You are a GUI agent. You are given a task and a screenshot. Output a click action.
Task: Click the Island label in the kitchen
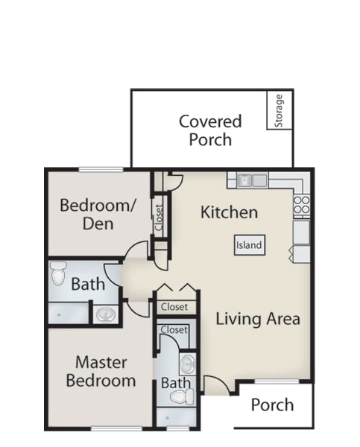[249, 245]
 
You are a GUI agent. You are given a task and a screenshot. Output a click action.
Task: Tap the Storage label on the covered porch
[279, 110]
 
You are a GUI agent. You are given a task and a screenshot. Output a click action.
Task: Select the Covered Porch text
[210, 130]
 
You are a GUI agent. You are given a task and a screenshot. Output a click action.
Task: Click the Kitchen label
[229, 212]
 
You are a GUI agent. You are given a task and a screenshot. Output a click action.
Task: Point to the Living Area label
[258, 319]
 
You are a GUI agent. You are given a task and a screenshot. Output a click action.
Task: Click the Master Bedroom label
[101, 372]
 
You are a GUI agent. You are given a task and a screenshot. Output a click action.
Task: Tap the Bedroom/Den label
[98, 214]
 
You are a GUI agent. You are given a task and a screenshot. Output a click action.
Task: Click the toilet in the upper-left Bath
[58, 273]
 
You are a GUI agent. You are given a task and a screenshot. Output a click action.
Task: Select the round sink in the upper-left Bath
[106, 314]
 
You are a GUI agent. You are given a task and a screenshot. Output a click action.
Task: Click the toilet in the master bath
[183, 396]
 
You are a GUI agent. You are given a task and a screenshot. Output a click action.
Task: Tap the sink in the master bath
[188, 364]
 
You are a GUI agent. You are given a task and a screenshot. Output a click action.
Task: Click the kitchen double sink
[252, 180]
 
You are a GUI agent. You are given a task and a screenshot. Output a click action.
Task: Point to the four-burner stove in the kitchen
[302, 204]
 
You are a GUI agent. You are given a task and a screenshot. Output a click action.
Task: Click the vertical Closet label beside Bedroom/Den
[159, 218]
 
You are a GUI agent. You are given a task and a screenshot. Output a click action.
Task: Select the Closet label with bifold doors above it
[174, 307]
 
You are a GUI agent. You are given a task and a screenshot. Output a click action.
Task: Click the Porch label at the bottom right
[273, 405]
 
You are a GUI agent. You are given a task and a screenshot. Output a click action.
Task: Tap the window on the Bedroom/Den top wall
[101, 170]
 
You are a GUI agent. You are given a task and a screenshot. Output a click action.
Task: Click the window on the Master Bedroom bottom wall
[116, 428]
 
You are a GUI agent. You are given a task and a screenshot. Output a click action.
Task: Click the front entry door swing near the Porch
[218, 385]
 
